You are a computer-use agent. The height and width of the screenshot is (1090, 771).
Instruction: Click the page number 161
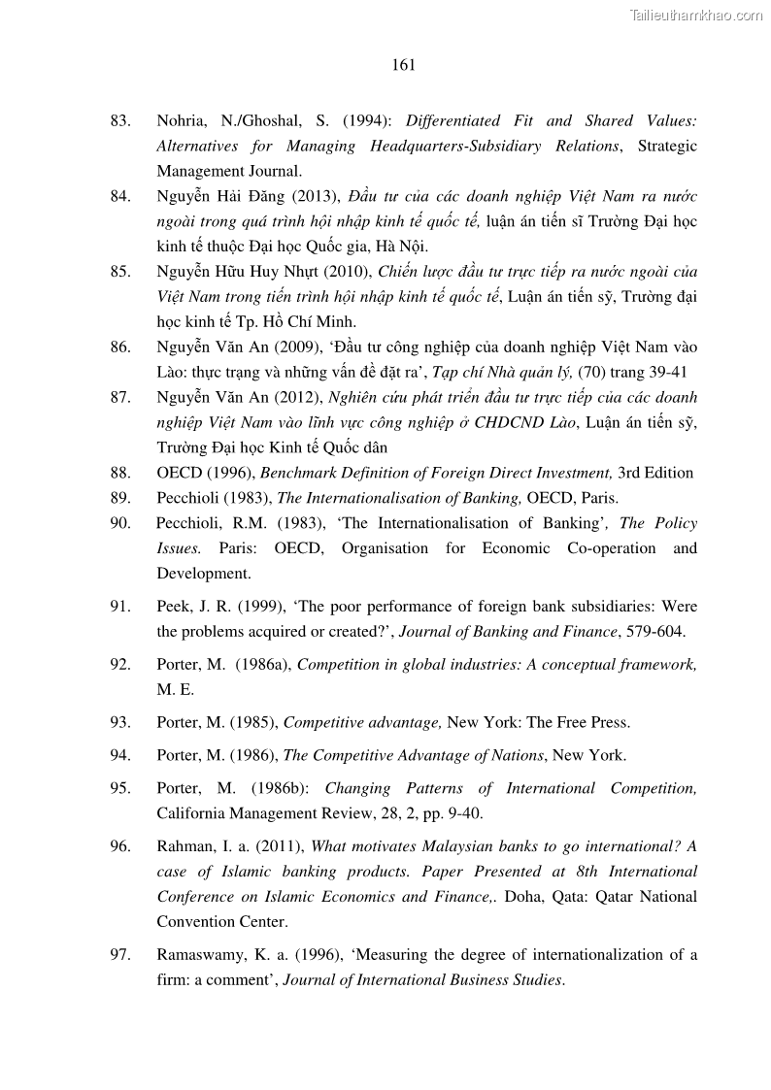tap(404, 66)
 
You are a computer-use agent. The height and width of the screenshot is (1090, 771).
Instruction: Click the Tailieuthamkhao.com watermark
tap(696, 15)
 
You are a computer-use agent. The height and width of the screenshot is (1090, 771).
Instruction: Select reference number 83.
tap(120, 121)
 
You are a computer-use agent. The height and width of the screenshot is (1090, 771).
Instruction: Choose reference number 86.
tap(120, 347)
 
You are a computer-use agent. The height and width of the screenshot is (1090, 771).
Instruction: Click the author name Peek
tap(175, 607)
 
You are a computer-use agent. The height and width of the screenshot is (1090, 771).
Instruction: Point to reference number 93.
tap(120, 723)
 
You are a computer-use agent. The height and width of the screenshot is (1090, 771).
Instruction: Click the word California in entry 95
tap(189, 813)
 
